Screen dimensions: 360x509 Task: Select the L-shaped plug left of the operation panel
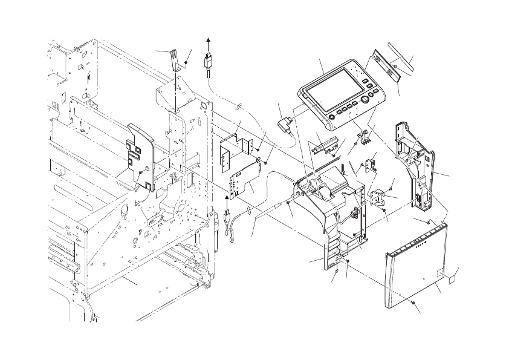pyautogui.click(x=285, y=126)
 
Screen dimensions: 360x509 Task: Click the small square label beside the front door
pyautogui.click(x=452, y=277)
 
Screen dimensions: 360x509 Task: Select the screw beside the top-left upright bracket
pyautogui.click(x=188, y=63)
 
